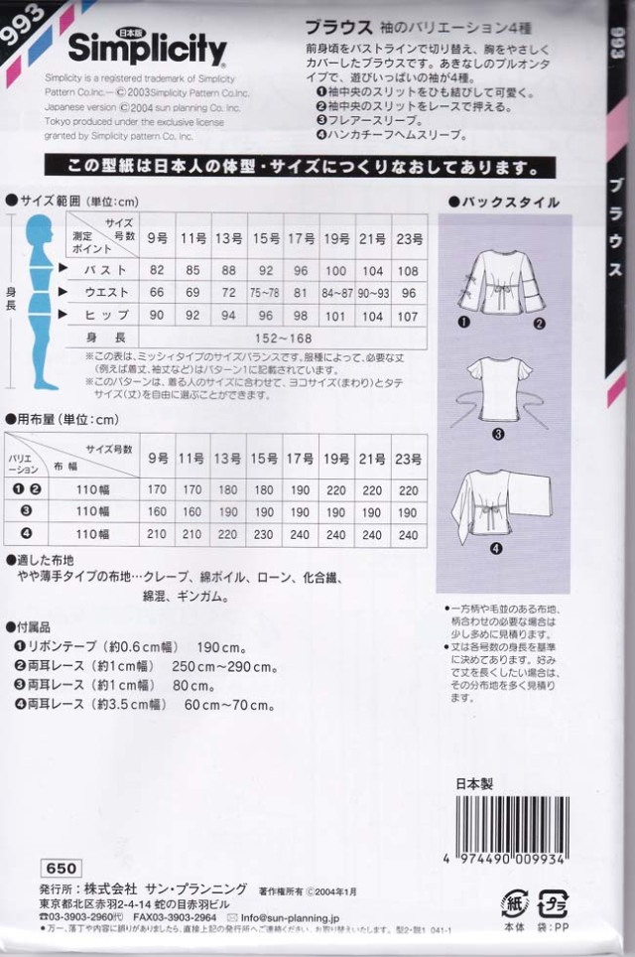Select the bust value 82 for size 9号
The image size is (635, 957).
tap(157, 269)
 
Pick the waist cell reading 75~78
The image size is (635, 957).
tap(265, 292)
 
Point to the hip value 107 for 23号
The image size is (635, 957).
tap(408, 316)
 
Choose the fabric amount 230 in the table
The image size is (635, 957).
tap(265, 535)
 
